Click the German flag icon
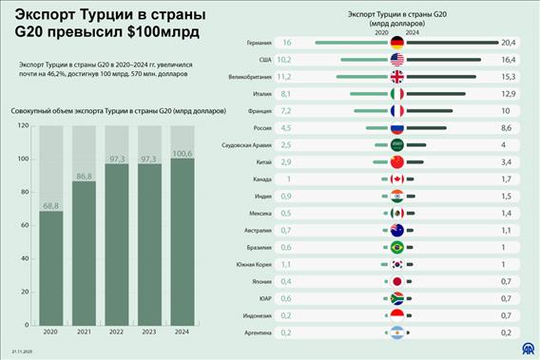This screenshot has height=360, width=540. (x=397, y=43)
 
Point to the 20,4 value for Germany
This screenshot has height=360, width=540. (x=508, y=43)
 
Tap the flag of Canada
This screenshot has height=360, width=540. (x=397, y=179)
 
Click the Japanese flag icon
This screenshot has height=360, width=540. (x=397, y=281)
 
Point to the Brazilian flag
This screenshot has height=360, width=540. (x=397, y=247)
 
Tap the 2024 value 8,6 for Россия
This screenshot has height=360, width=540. (x=507, y=127)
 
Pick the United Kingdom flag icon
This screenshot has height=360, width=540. (x=397, y=77)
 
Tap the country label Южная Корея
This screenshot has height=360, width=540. (x=257, y=264)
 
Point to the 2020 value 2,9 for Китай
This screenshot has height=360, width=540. (x=286, y=161)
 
